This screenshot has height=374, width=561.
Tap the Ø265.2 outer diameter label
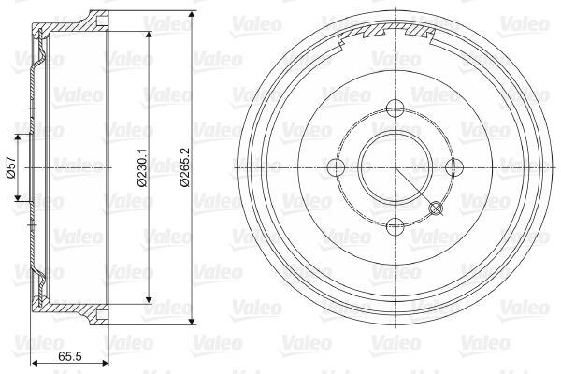186,167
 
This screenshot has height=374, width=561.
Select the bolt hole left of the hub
335,166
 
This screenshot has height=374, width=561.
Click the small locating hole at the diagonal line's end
435,208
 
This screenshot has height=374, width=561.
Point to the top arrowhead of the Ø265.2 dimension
192,16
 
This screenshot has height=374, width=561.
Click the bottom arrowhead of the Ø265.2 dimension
192,319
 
